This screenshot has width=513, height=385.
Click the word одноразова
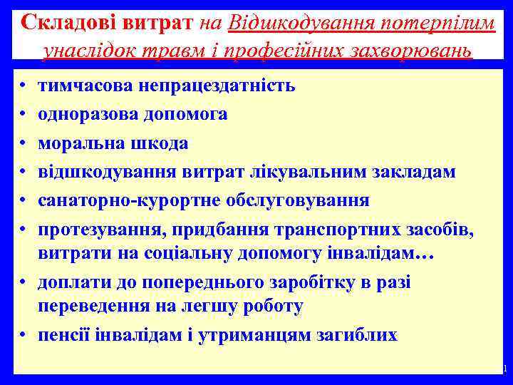tap(87, 114)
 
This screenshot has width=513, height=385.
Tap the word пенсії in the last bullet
tap(63, 335)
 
